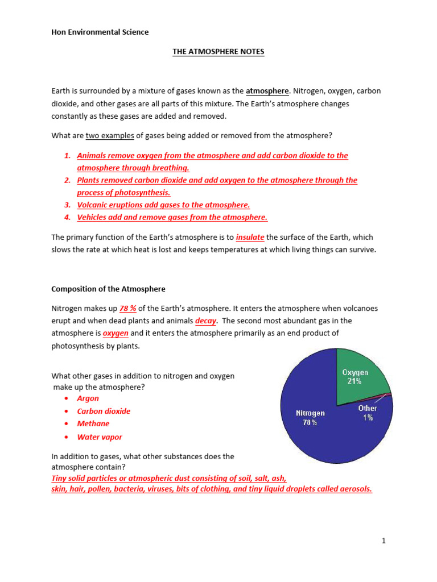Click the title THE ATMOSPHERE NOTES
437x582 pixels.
click(218, 52)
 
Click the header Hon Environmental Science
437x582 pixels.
click(100, 32)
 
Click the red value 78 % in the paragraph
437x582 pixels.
click(127, 309)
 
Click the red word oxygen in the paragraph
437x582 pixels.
click(116, 334)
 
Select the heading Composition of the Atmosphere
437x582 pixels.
click(108, 289)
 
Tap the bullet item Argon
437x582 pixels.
click(88, 398)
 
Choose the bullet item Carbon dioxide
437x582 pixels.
click(104, 411)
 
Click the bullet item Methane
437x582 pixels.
click(93, 423)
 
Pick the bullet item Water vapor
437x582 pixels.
click(100, 437)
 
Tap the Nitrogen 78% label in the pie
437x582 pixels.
click(310, 418)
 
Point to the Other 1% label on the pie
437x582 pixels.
click(368, 413)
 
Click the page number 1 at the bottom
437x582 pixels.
click(384, 541)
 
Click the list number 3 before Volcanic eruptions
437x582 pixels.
click(67, 205)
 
